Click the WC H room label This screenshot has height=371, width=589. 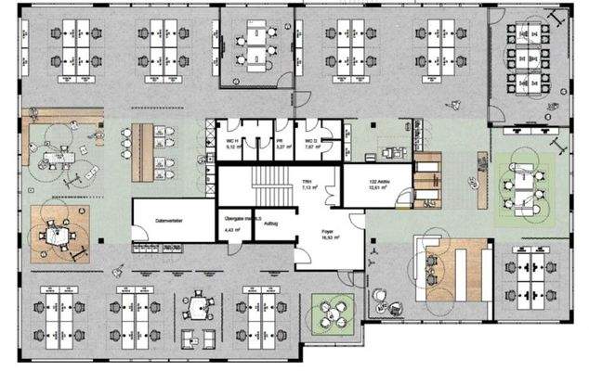233,140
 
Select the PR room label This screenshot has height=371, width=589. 281,140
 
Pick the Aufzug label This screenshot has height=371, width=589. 272,224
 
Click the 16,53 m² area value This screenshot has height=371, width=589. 328,239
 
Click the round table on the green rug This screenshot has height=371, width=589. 332,311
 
